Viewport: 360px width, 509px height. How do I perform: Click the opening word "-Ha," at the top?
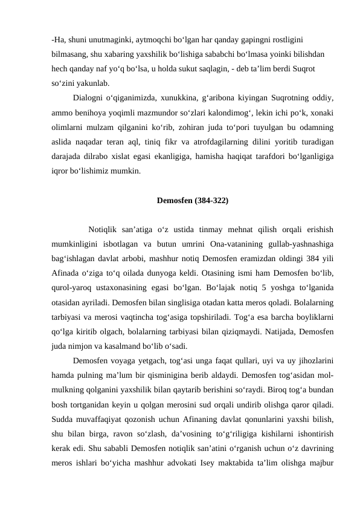[x=59, y=40]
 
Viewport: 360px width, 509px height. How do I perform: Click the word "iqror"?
[x=60, y=171]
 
